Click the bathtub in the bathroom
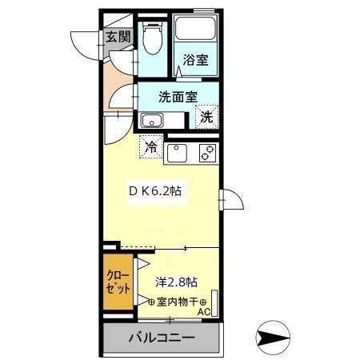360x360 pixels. [x=196, y=31]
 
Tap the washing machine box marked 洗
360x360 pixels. [x=206, y=116]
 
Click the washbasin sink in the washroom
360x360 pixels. [x=151, y=121]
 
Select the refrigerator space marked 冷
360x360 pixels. [x=151, y=146]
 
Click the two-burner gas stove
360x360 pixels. [x=207, y=152]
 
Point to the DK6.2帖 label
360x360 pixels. [x=159, y=192]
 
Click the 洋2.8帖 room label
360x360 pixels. [x=177, y=282]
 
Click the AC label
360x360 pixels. [x=203, y=311]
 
